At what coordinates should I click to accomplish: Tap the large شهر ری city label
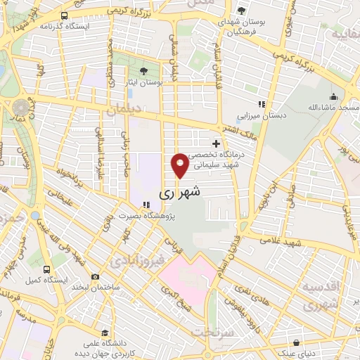[180, 191]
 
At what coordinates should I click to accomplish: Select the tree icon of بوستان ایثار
[143, 71]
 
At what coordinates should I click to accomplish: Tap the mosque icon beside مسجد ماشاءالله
[333, 96]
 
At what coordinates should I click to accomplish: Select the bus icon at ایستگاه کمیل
[46, 269]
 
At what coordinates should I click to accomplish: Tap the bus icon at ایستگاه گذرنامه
[65, 15]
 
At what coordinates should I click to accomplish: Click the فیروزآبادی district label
[138, 261]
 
